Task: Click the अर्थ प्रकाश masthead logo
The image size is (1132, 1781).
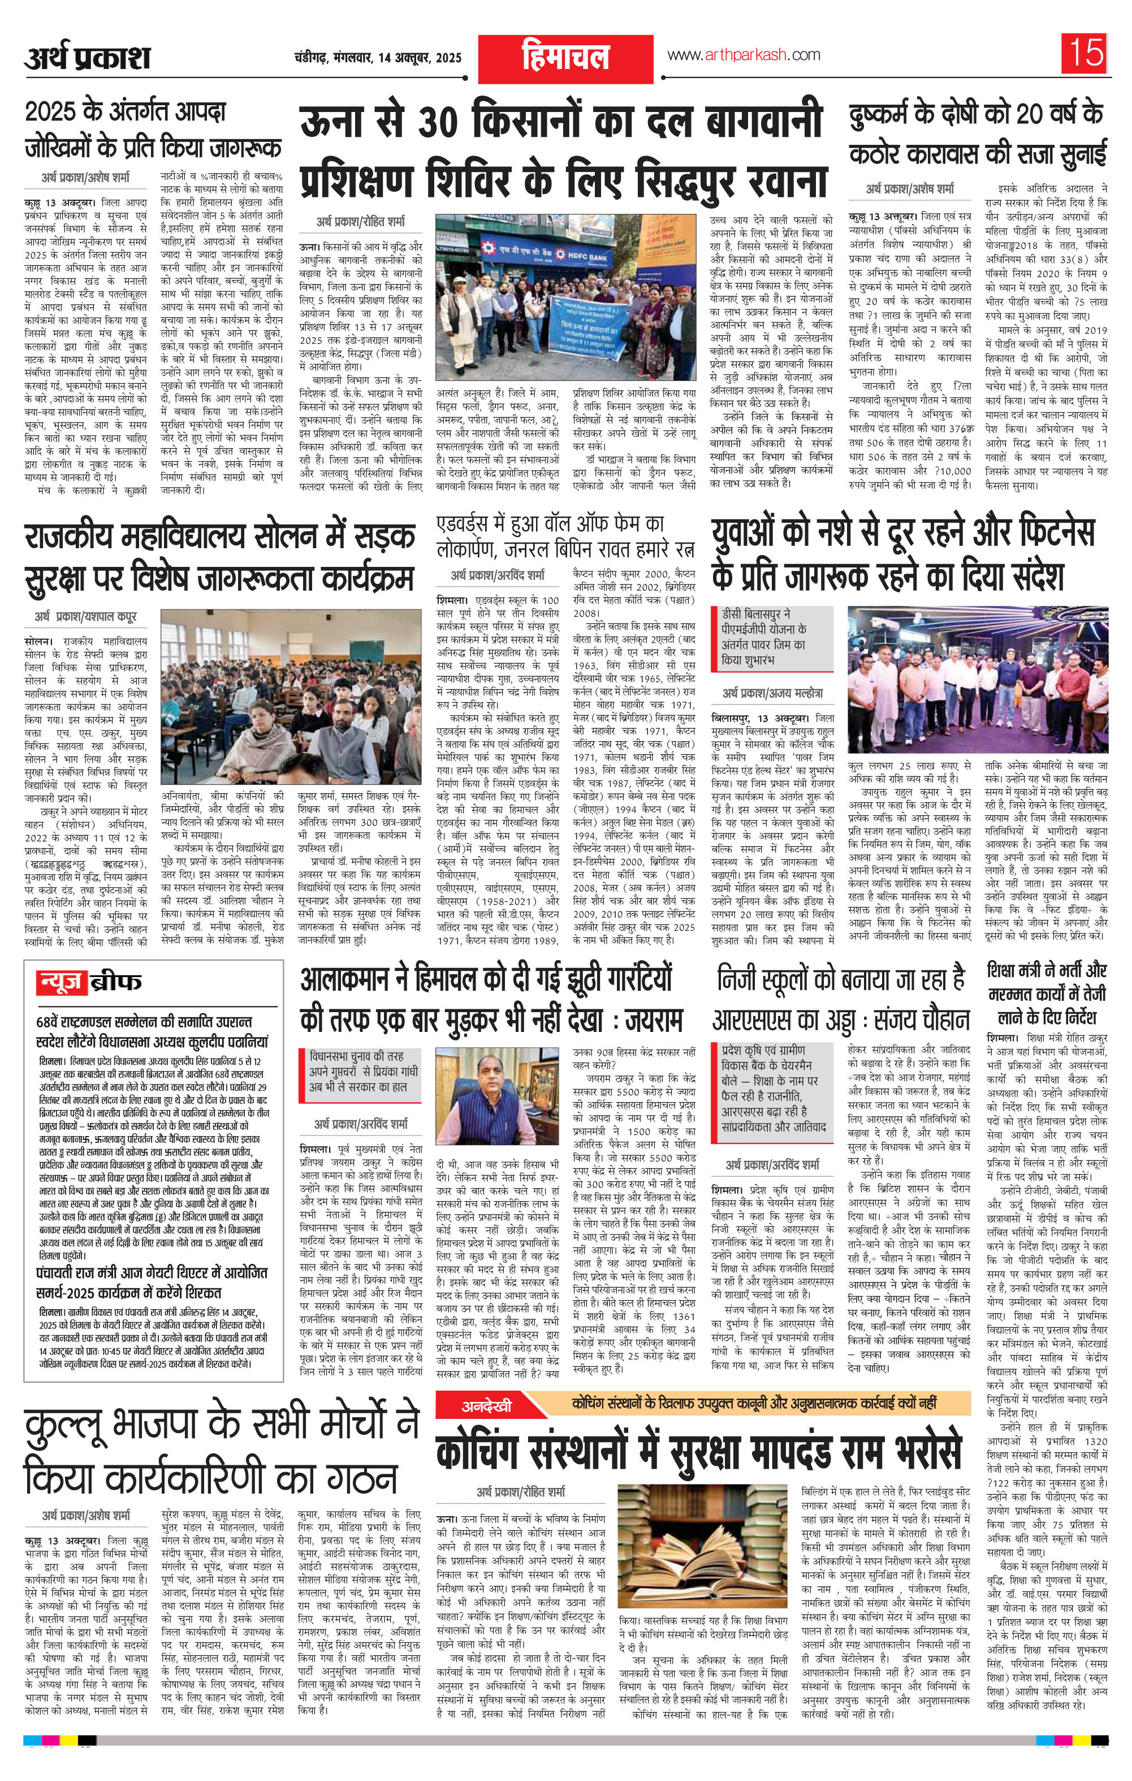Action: [87, 58]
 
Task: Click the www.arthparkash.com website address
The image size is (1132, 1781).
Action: [743, 55]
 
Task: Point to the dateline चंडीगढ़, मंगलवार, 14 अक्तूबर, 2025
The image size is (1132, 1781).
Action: [377, 58]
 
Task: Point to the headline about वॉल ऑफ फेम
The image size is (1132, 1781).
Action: [565, 537]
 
